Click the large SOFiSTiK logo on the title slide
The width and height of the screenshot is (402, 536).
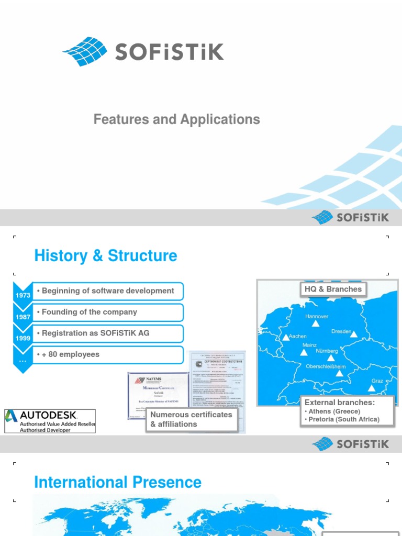tap(143, 51)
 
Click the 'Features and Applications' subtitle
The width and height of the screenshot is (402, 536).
tap(176, 119)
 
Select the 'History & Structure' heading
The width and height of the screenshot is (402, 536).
tap(105, 256)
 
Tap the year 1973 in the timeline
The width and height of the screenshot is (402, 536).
tap(23, 295)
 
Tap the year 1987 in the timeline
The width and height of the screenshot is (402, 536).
tap(23, 317)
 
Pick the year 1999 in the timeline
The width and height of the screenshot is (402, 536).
tap(23, 338)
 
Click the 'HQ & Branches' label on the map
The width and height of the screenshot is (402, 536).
tap(333, 289)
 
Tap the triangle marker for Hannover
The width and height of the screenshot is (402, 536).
tap(316, 324)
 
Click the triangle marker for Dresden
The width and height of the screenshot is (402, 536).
tap(354, 334)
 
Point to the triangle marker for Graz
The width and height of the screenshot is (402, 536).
tap(371, 388)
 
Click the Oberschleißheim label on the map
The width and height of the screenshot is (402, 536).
tap(326, 367)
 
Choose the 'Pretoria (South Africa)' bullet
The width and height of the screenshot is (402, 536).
tap(344, 419)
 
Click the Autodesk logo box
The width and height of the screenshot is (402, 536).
tap(50, 421)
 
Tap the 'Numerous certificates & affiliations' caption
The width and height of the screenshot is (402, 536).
tap(191, 419)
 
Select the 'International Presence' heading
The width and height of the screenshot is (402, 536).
tap(118, 482)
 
